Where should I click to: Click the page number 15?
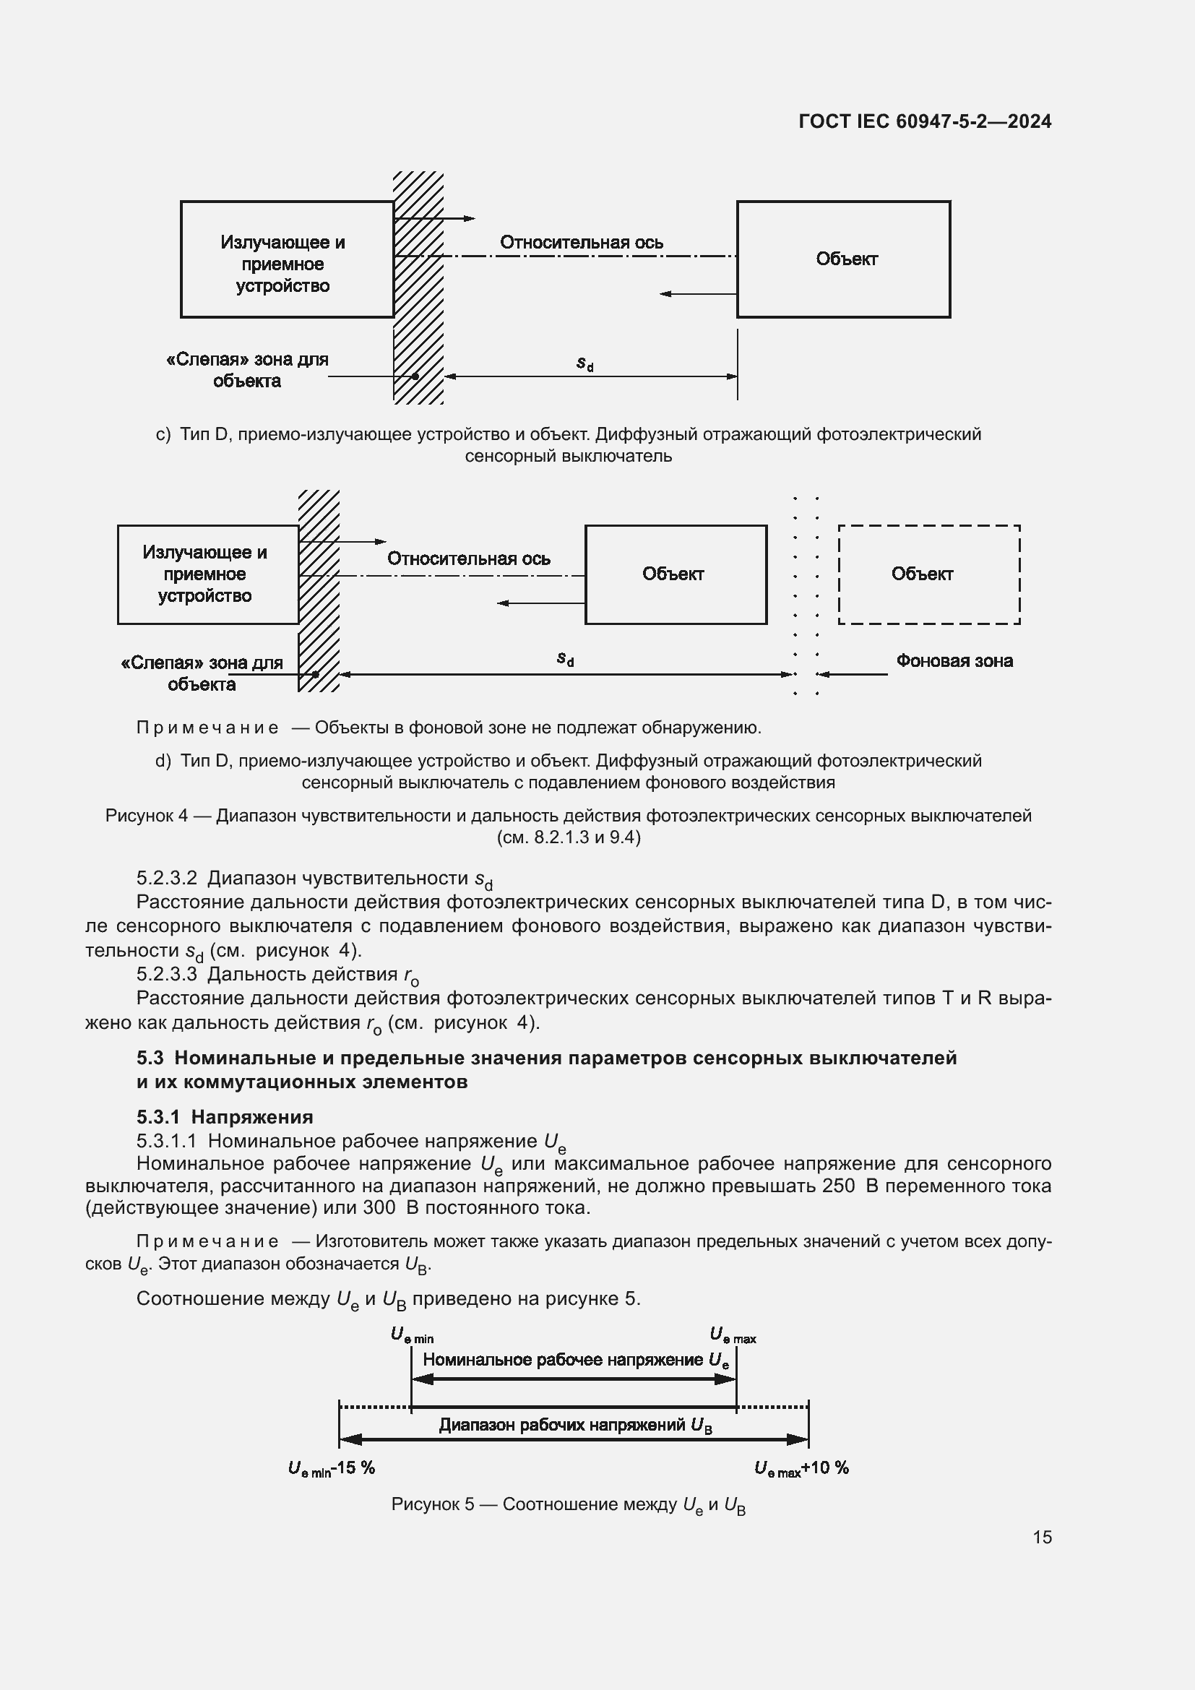[1041, 1537]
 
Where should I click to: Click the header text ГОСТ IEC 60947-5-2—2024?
[924, 121]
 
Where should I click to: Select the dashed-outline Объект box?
[928, 574]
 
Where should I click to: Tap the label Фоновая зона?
[954, 661]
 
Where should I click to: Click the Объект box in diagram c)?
[843, 259]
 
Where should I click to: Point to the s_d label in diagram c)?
[584, 363]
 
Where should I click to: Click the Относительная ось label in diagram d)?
[468, 559]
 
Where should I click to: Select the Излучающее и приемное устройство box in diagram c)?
[286, 260]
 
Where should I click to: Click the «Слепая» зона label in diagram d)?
[202, 673]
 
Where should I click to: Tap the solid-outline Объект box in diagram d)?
[675, 574]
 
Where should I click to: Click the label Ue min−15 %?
[332, 1467]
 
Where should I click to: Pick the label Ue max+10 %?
[801, 1467]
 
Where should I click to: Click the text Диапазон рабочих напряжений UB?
[574, 1425]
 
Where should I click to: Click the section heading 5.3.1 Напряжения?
[225, 1116]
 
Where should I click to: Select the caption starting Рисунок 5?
[568, 1504]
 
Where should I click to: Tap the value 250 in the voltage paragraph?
[838, 1186]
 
